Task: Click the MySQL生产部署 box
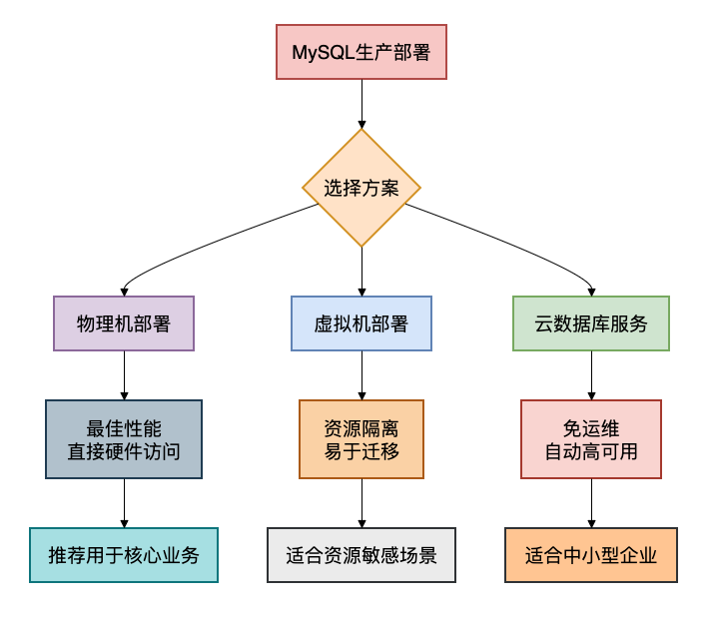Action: pyautogui.click(x=360, y=52)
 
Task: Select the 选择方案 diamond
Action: pyautogui.click(x=360, y=188)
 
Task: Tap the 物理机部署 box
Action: pyautogui.click(x=124, y=323)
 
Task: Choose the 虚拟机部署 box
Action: pyautogui.click(x=360, y=323)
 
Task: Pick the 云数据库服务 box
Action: pyautogui.click(x=591, y=323)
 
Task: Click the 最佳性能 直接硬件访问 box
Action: pyautogui.click(x=124, y=439)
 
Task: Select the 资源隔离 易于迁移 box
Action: pyautogui.click(x=360, y=439)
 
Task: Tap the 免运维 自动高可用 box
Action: pyautogui.click(x=591, y=439)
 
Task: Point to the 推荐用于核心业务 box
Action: pyautogui.click(x=124, y=555)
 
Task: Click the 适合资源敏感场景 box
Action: pyautogui.click(x=360, y=555)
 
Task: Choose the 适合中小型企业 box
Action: pyautogui.click(x=591, y=555)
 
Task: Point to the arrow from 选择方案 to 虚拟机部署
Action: pyautogui.click(x=360, y=271)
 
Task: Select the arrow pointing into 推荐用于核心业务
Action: pyautogui.click(x=124, y=503)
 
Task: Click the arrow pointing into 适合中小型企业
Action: pyautogui.click(x=591, y=503)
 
